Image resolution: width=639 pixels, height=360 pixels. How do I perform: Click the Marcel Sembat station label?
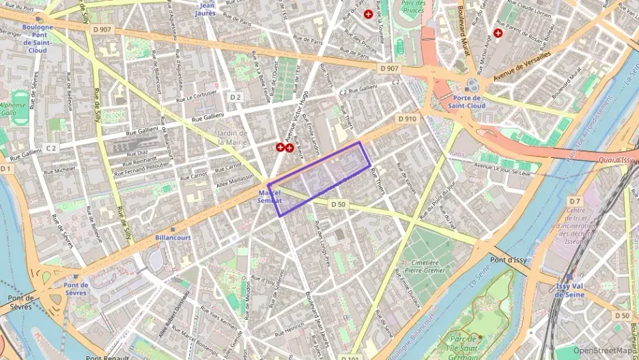(x=269, y=196)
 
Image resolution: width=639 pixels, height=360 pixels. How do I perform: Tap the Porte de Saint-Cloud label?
(x=467, y=102)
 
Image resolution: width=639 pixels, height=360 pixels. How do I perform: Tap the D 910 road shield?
(x=407, y=118)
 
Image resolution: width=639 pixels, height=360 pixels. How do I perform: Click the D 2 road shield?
(x=236, y=97)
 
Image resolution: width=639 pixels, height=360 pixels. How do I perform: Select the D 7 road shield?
(x=576, y=201)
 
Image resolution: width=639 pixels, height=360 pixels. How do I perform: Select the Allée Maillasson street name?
(x=234, y=178)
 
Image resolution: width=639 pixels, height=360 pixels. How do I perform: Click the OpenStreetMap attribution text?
(x=605, y=350)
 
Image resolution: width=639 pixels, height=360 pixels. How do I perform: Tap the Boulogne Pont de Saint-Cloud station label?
(x=38, y=38)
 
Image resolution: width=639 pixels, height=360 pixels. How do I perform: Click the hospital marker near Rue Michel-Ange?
(x=498, y=32)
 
